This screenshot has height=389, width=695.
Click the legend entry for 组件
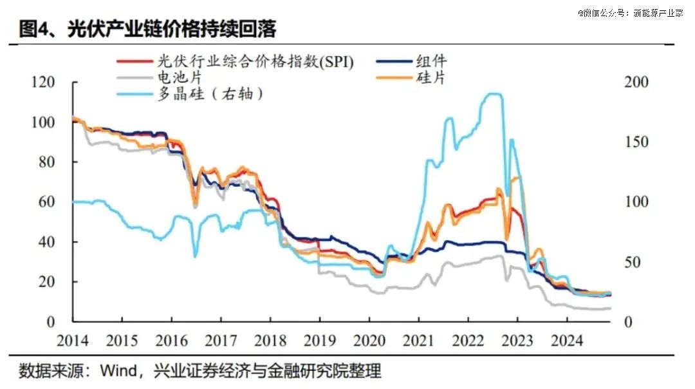pos(431,62)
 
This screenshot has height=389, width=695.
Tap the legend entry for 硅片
pos(431,78)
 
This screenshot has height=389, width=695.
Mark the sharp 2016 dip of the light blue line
pos(195,256)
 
